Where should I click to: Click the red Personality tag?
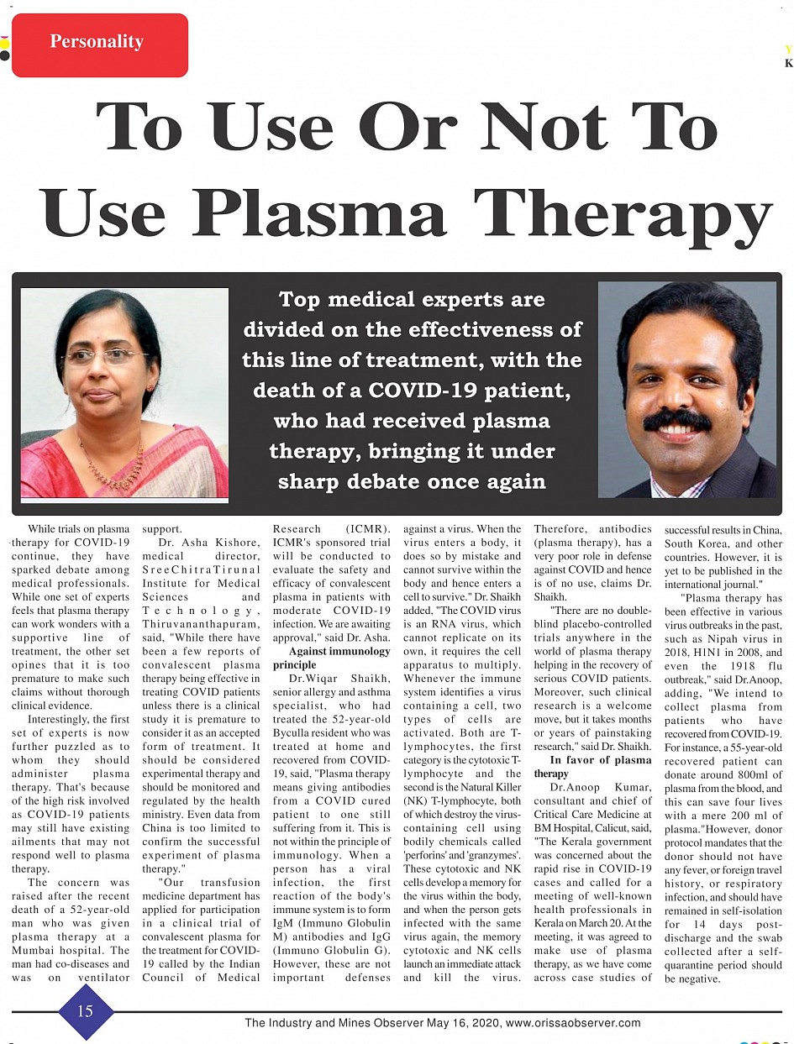pyautogui.click(x=100, y=44)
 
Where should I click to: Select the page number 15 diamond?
pyautogui.click(x=86, y=1011)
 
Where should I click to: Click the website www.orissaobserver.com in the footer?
pyautogui.click(x=574, y=1023)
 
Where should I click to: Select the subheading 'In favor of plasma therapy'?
pyautogui.click(x=592, y=766)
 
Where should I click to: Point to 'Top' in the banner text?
pyautogui.click(x=298, y=300)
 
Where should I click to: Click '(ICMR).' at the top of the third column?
pyautogui.click(x=367, y=529)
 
